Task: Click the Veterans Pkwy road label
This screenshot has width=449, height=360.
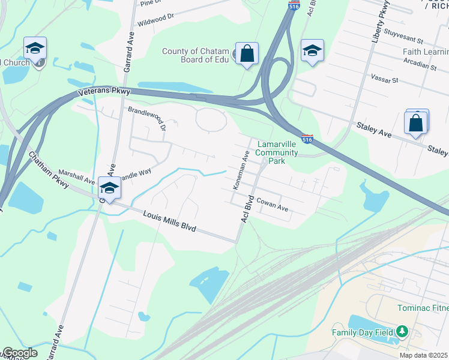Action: (x=104, y=92)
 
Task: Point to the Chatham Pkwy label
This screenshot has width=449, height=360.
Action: (x=49, y=170)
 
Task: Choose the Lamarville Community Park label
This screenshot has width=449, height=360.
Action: (x=277, y=152)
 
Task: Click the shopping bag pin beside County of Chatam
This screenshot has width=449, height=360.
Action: (x=247, y=54)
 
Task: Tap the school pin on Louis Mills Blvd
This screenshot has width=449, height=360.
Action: (x=110, y=188)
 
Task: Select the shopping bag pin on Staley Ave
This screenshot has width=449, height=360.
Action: (x=416, y=123)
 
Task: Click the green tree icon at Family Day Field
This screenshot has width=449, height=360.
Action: (x=403, y=331)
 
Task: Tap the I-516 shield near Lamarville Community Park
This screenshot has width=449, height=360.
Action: (x=307, y=139)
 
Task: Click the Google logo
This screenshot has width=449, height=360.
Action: (x=19, y=353)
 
